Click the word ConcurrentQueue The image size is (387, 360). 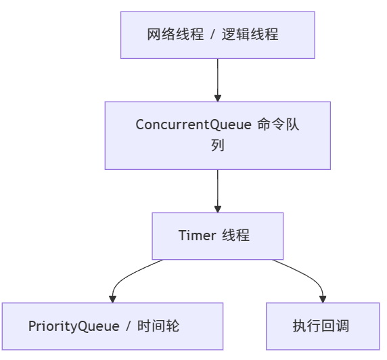pyautogui.click(x=193, y=125)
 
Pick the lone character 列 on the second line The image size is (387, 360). pyautogui.click(x=217, y=145)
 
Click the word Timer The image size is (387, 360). pyautogui.click(x=197, y=235)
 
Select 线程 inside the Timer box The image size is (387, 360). pyautogui.click(x=236, y=235)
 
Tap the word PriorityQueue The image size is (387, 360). pyautogui.click(x=74, y=326)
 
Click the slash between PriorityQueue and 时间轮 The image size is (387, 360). pyautogui.click(x=127, y=326)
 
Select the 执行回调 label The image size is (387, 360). pyautogui.click(x=321, y=326)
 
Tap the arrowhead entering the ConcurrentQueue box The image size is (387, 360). pyautogui.click(x=217, y=97)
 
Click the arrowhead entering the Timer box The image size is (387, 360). pyautogui.click(x=217, y=208)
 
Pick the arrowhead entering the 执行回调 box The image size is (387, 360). pyautogui.click(x=322, y=298)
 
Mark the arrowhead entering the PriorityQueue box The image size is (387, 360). pyautogui.click(x=112, y=298)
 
